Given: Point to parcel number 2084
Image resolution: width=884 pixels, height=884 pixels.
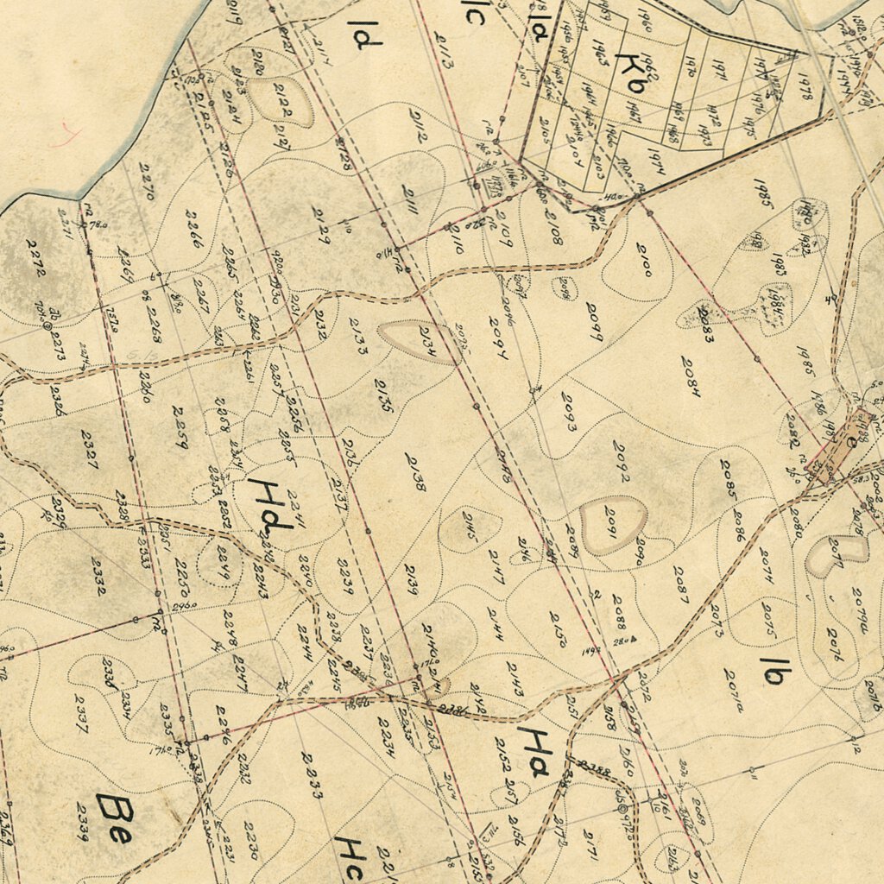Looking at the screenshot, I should coord(691,376).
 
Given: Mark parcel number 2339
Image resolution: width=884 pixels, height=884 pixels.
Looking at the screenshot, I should coord(82,821).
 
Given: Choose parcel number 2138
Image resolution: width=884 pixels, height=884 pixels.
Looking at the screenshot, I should coord(415,472).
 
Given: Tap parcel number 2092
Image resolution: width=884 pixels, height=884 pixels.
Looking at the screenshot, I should coord(622,461).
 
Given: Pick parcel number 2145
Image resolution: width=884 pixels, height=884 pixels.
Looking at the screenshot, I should coord(470,527).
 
